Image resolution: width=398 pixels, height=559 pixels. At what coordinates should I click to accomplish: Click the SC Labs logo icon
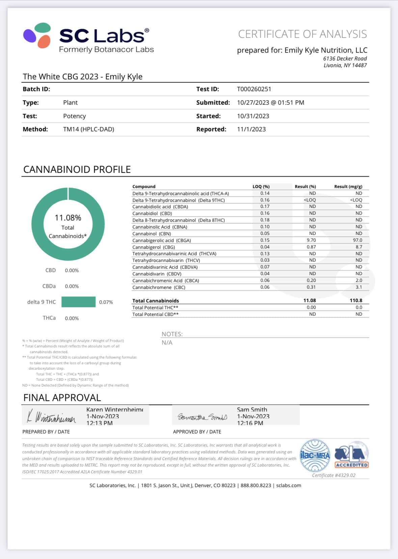click(x=37, y=35)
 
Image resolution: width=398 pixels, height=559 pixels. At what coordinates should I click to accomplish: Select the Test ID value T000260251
click(x=254, y=89)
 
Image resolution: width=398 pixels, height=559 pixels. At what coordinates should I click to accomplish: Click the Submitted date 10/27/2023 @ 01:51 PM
click(x=270, y=103)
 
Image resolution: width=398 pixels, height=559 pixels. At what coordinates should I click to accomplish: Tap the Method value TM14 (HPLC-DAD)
click(x=88, y=129)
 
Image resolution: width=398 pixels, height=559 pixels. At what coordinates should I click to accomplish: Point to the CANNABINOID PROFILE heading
click(x=77, y=169)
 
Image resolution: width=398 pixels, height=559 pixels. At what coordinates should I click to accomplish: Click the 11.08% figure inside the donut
click(x=68, y=218)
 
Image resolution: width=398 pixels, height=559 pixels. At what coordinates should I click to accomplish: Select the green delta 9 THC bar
click(x=78, y=302)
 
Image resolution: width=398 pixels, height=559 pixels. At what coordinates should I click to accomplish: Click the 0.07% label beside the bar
click(x=106, y=302)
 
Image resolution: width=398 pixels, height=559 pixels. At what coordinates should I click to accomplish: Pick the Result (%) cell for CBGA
click(x=311, y=240)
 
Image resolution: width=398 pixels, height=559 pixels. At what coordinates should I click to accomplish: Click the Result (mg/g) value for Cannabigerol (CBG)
click(x=359, y=247)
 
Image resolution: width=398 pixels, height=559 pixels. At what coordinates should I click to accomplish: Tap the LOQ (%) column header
click(x=261, y=187)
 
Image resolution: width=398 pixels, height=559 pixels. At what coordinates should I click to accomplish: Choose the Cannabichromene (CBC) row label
click(x=159, y=287)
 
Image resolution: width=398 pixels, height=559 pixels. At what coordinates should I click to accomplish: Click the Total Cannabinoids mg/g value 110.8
click(x=356, y=300)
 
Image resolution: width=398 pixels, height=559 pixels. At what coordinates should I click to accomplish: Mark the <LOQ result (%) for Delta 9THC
click(x=310, y=200)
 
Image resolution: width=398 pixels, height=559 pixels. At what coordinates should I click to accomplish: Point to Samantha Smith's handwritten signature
click(x=202, y=417)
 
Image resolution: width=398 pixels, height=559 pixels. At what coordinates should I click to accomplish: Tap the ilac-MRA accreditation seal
click(x=315, y=455)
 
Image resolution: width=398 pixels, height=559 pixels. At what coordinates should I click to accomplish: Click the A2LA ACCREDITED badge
click(x=351, y=455)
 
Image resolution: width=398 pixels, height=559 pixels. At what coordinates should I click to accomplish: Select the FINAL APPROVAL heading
click(x=62, y=398)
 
